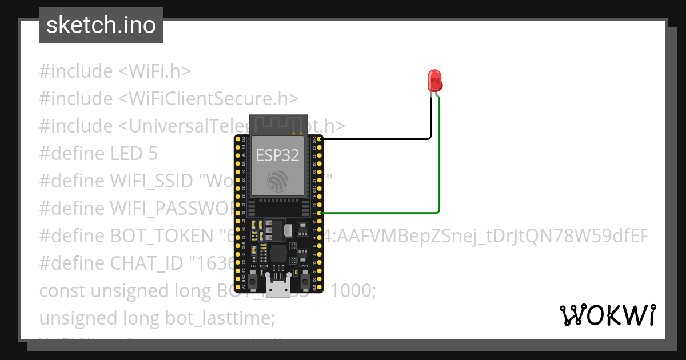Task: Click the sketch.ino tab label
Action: pos(101,25)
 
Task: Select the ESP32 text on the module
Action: pos(277,155)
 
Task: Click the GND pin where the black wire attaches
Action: pos(320,139)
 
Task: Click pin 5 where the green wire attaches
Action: pos(320,213)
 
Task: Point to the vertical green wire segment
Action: pos(439,160)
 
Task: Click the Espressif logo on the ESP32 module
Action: pos(278,182)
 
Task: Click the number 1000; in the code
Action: pos(354,290)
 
